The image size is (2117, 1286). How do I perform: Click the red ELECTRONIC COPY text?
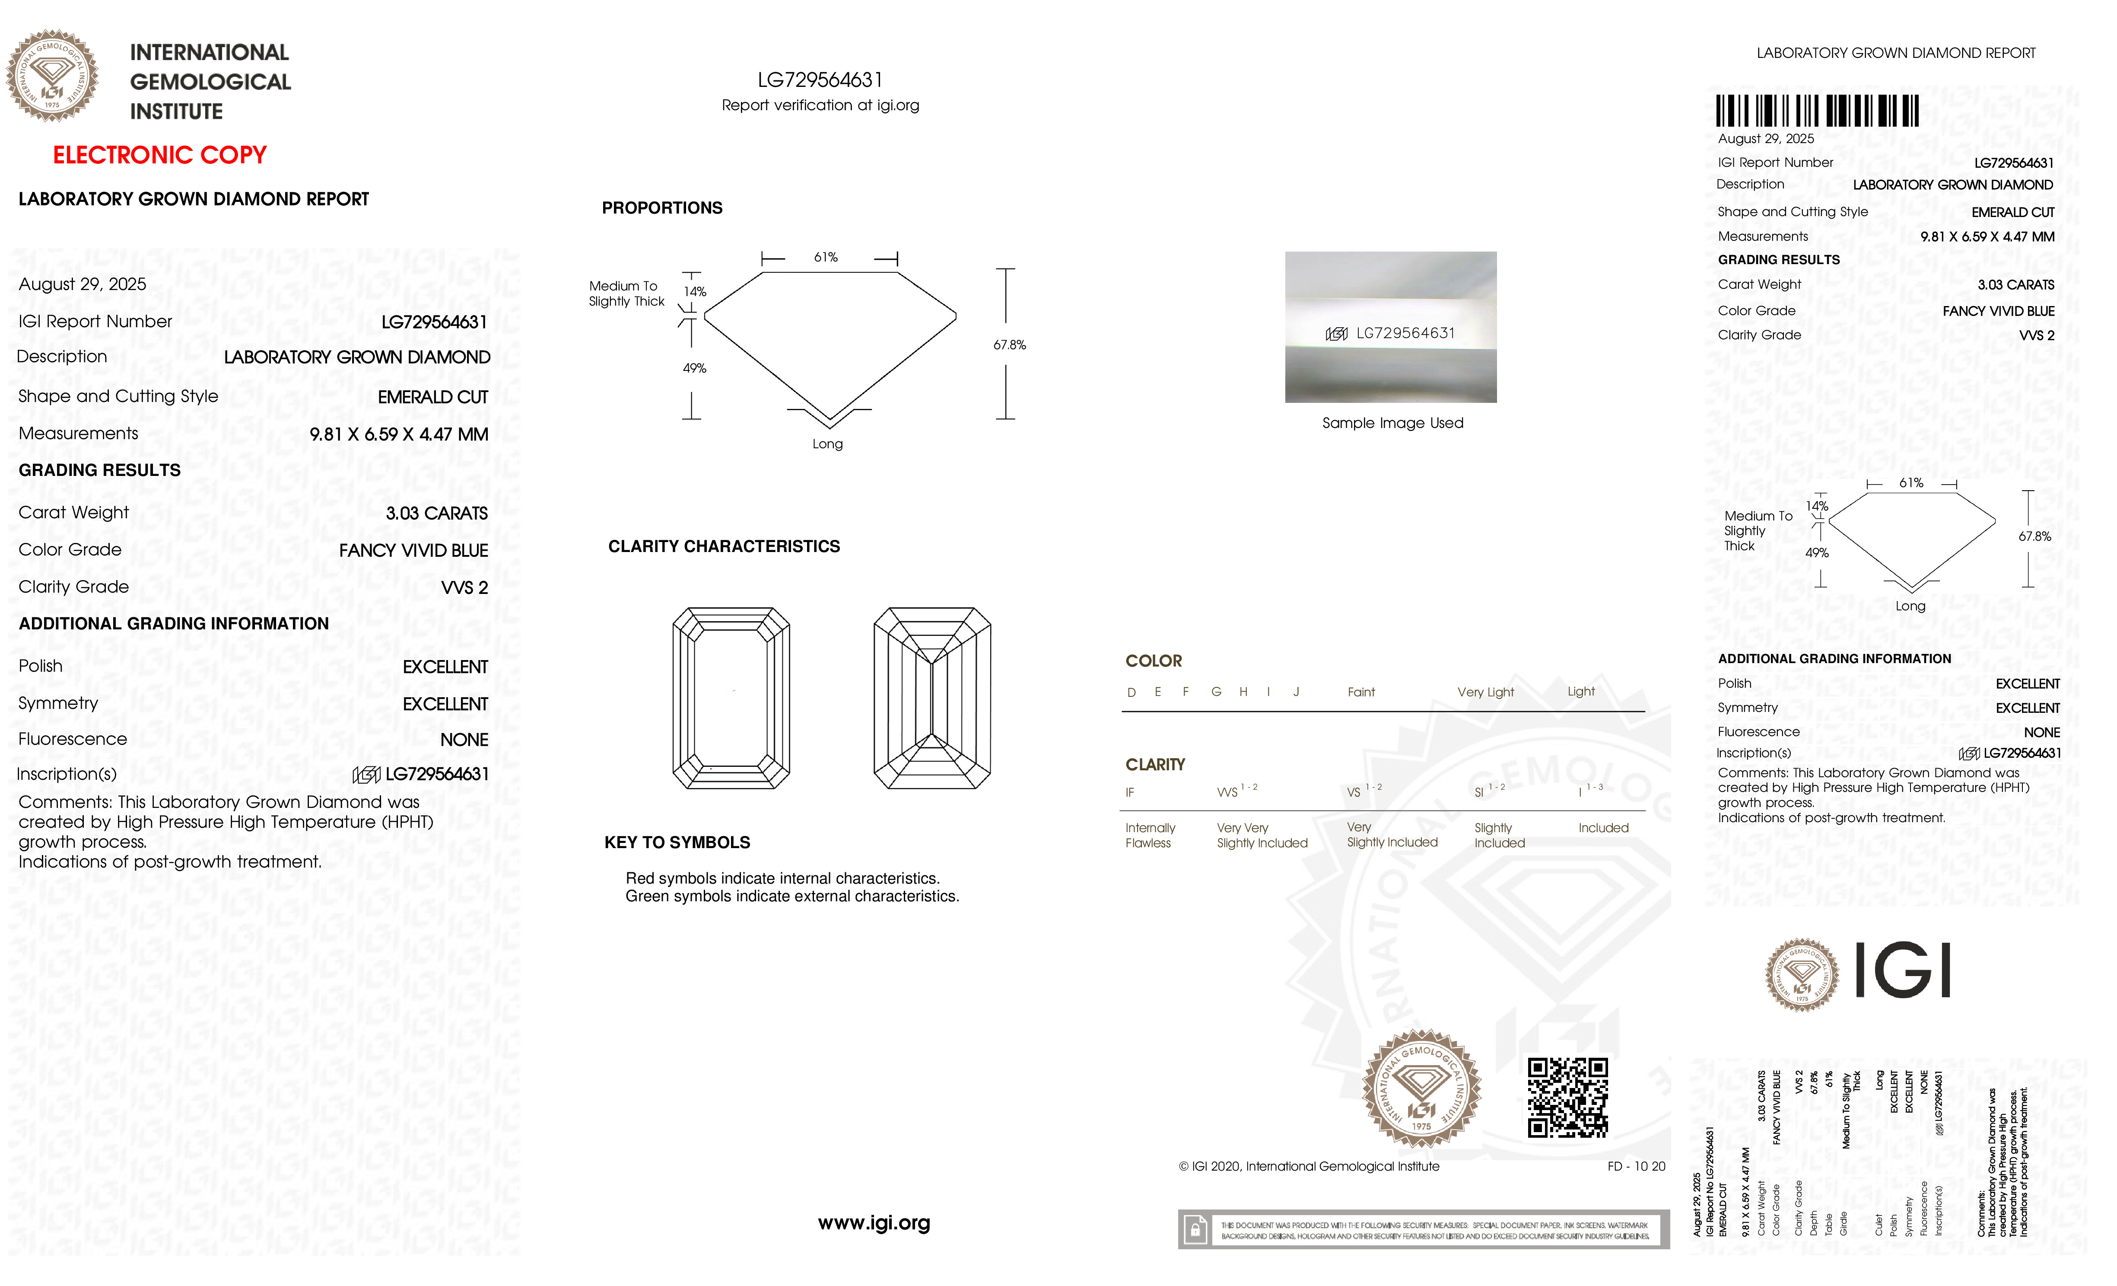point(160,156)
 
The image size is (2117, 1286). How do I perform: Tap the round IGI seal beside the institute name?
point(52,76)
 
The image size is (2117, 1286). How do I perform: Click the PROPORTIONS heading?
point(661,208)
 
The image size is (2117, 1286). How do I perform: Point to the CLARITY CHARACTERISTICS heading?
point(723,547)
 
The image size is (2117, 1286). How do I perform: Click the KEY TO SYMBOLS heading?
point(677,842)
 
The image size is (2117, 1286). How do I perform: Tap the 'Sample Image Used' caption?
point(1392,423)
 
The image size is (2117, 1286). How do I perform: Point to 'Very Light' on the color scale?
point(1485,692)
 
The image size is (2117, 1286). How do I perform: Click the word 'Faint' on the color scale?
point(1361,692)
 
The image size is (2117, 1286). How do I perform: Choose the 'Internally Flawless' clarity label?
point(1150,835)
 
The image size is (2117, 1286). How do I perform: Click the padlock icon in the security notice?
point(1194,1230)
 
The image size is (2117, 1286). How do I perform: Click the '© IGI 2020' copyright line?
point(1309,1167)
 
